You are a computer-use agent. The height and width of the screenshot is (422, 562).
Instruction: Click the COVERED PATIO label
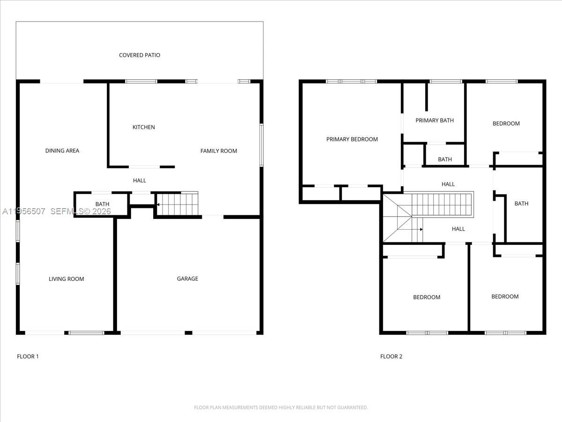point(140,55)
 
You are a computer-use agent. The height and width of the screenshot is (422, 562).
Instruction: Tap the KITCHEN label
point(143,127)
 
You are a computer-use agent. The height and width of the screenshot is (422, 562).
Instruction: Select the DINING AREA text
point(62,151)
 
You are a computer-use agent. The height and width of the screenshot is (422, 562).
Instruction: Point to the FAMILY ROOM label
point(219,151)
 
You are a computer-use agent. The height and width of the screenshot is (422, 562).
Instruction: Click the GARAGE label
point(187,279)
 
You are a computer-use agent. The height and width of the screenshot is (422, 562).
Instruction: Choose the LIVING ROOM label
point(67,279)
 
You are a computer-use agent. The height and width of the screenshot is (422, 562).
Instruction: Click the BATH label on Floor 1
point(102,204)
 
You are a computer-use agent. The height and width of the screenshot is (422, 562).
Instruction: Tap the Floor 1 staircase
point(178,204)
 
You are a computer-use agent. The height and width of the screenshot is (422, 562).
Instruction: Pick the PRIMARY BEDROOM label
point(352,139)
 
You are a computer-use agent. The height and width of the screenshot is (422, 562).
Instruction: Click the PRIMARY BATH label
point(435,121)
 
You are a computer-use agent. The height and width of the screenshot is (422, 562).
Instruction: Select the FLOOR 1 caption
point(28,356)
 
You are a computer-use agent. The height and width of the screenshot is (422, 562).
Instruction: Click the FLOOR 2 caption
point(391,356)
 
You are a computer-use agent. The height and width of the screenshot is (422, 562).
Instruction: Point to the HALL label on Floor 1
point(140,181)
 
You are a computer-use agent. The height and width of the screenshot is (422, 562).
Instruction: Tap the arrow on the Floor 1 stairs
point(158,204)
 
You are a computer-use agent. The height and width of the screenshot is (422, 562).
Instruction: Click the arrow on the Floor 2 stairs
point(421,229)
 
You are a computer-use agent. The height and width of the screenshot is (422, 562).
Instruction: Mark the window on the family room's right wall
point(261,145)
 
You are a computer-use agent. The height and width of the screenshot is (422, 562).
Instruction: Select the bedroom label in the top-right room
point(506,124)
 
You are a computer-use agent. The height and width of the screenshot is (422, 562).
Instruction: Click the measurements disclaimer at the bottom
point(281,407)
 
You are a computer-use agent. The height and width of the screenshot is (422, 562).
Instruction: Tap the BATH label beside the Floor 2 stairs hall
point(521,203)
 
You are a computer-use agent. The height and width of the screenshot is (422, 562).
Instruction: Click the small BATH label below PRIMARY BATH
point(445,159)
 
